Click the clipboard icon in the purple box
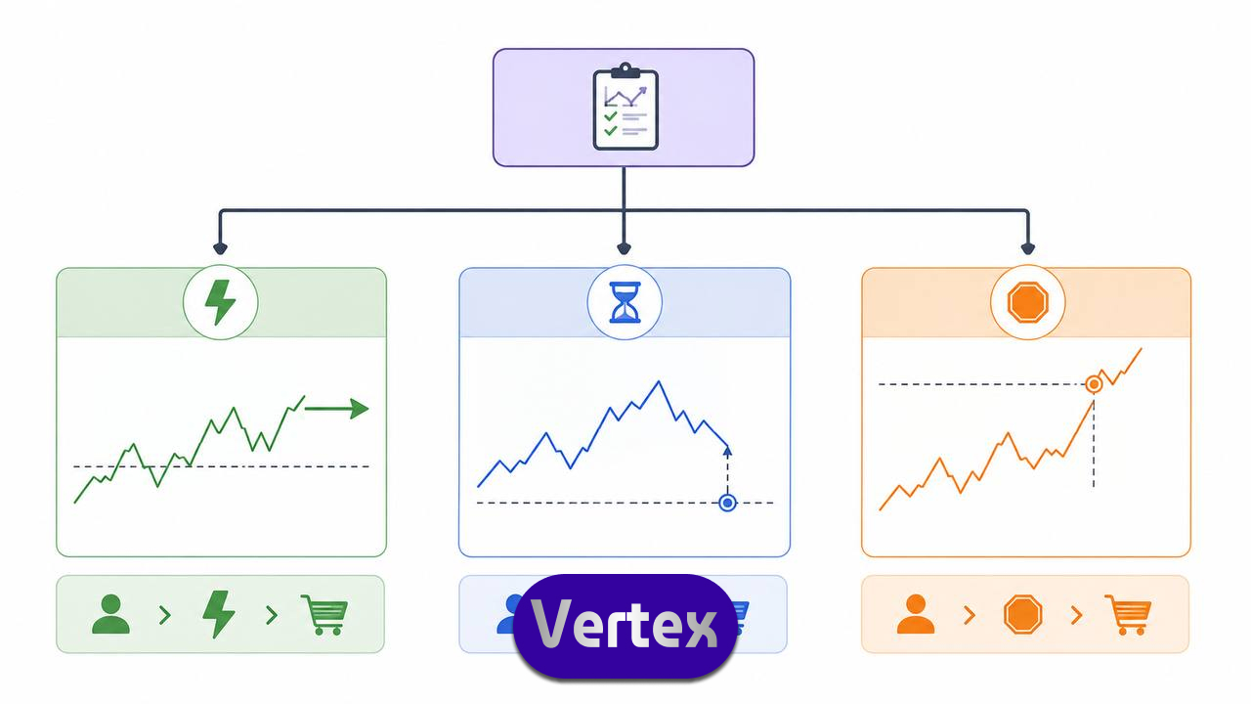point(625,107)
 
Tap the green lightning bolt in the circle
point(220,302)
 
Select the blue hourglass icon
point(625,302)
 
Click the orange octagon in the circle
point(1027,302)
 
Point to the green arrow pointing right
point(336,409)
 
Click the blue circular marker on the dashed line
point(727,503)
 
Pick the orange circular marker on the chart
point(1094,384)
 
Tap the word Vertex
point(624,624)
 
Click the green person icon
point(110,614)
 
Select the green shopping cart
point(325,615)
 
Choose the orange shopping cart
point(1128,615)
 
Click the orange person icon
point(916,614)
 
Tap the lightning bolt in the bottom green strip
point(218,615)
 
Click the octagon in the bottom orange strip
point(1022,615)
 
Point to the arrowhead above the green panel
point(220,248)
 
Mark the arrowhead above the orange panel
point(1027,248)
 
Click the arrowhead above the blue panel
point(624,248)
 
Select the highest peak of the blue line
point(659,381)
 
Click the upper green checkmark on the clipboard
point(611,115)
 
